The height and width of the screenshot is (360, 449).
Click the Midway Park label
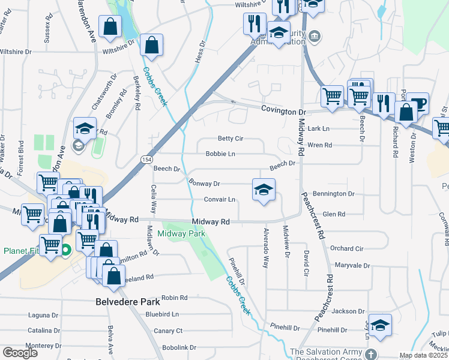(x=181, y=233)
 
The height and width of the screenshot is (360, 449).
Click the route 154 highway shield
(x=146, y=160)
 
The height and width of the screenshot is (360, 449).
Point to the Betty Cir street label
(x=230, y=139)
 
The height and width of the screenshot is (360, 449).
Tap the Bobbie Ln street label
(x=220, y=154)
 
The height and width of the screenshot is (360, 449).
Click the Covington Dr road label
(x=283, y=112)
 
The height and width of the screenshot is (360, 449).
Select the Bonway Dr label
(x=204, y=184)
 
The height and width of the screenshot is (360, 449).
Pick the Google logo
(x=20, y=352)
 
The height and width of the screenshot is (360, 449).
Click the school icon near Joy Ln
(x=380, y=326)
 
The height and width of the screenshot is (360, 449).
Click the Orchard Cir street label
(x=346, y=248)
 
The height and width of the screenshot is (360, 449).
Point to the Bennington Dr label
(x=334, y=194)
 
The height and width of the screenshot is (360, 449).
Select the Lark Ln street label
(x=318, y=128)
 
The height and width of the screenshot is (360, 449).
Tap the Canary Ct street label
(x=168, y=331)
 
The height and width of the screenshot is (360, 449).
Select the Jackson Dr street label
(x=348, y=311)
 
